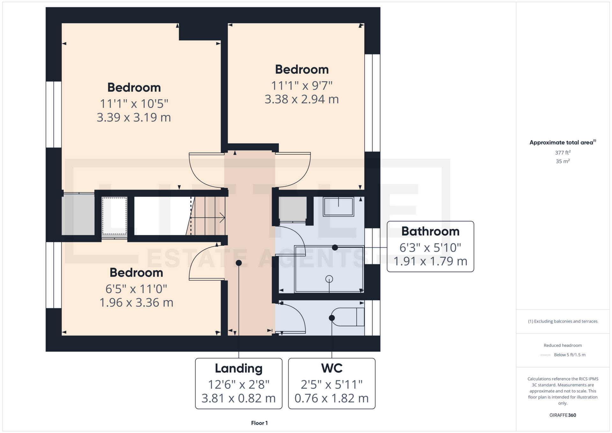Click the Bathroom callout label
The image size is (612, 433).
point(430,231)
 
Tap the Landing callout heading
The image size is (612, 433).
point(238,368)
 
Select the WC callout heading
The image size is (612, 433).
point(332,368)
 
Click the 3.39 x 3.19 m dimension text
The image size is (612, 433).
point(134,117)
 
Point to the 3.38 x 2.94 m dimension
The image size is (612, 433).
point(302,99)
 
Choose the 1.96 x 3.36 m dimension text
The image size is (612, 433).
point(136,303)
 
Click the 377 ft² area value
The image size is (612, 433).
point(563,153)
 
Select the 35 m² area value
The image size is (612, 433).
point(563,161)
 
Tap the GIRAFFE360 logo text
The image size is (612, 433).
point(563,415)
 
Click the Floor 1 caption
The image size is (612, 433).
point(259,423)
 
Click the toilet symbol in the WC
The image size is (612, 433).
point(348,317)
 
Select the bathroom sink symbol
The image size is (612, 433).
point(339,207)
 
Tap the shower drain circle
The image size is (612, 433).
point(329,279)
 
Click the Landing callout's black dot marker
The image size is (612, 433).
point(239,263)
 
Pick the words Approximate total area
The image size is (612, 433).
point(561,143)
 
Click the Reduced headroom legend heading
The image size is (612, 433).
point(563,345)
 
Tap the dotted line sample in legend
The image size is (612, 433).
point(545,355)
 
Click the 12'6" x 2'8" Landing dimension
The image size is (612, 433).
point(238,385)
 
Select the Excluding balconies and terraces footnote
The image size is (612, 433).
point(563,321)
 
